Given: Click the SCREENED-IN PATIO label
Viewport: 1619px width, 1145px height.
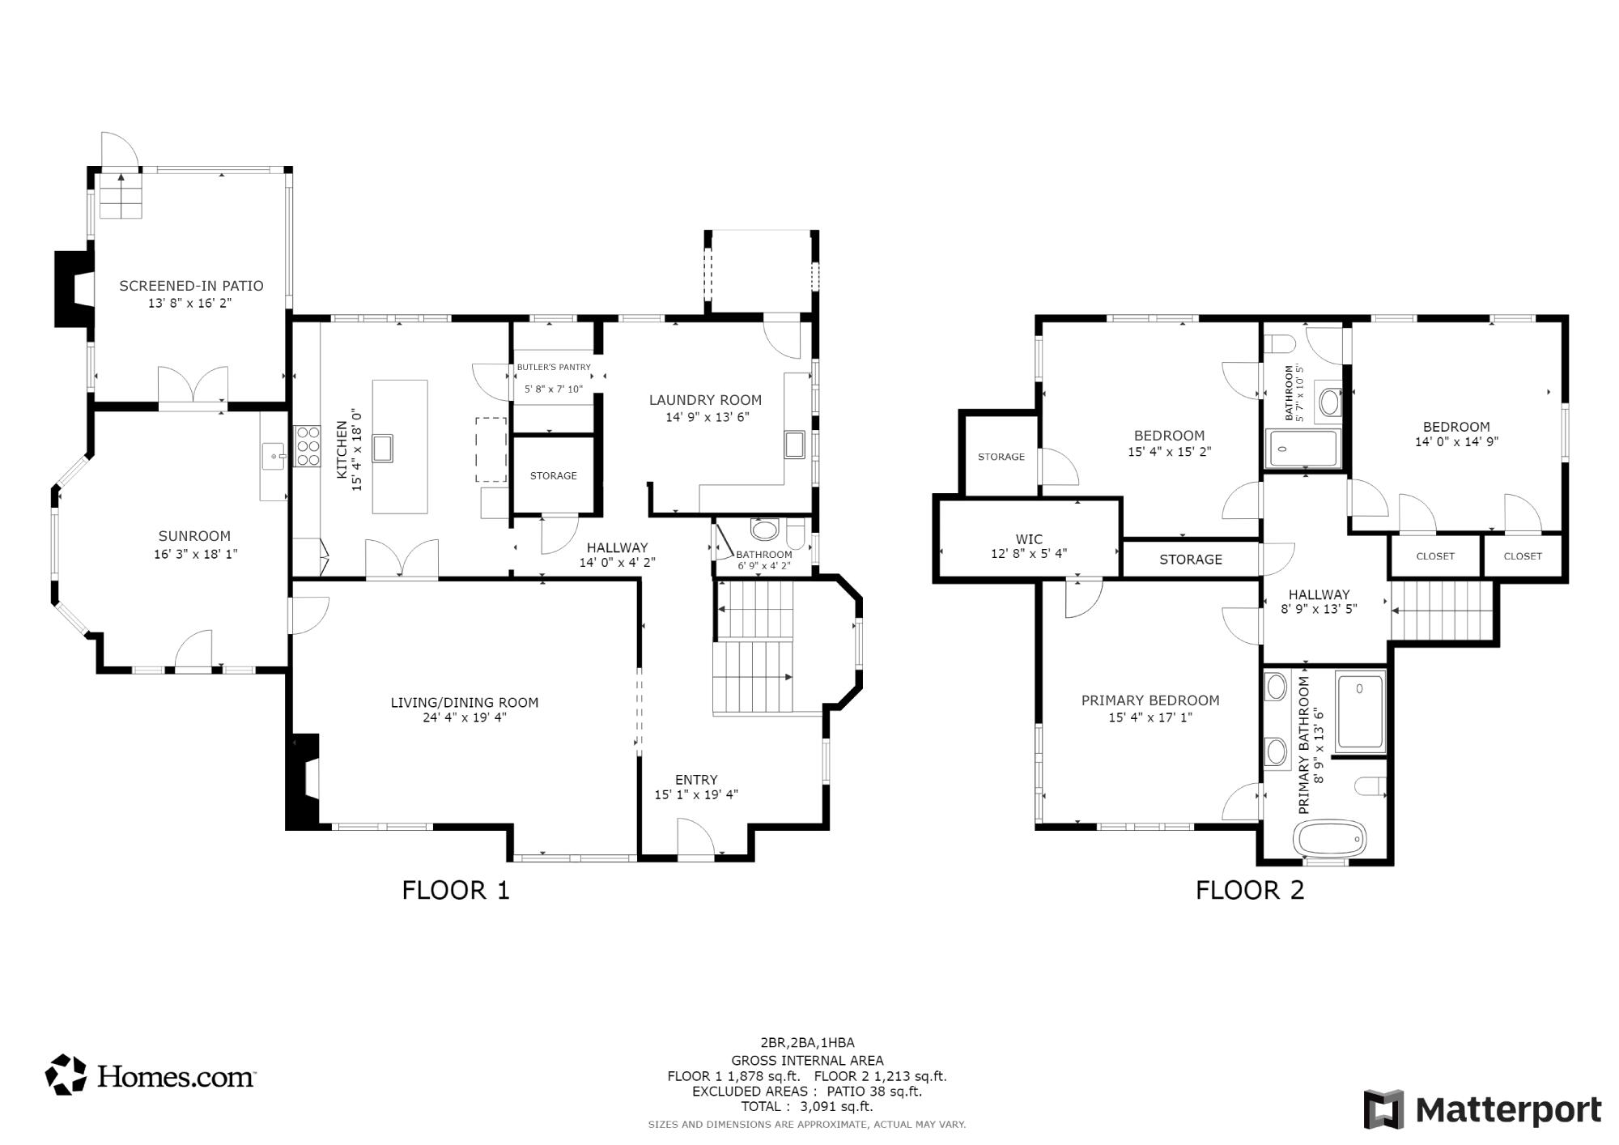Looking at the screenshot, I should click(x=191, y=286).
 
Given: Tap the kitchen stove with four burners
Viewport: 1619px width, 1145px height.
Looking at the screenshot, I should click(x=308, y=445).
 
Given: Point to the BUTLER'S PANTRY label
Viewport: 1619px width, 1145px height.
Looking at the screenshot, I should click(x=554, y=368).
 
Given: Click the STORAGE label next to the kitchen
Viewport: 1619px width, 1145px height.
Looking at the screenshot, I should click(x=554, y=476).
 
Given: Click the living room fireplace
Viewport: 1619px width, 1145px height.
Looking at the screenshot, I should click(x=304, y=781).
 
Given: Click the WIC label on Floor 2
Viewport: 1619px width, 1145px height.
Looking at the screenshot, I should click(x=1029, y=539).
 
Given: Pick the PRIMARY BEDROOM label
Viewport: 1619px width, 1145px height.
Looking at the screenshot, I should click(x=1150, y=700).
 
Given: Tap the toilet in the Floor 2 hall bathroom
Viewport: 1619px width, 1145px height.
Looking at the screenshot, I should click(x=1279, y=345).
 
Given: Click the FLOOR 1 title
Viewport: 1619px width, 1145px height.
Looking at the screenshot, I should click(x=456, y=891).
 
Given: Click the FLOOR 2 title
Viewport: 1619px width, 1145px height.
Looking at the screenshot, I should click(x=1250, y=891).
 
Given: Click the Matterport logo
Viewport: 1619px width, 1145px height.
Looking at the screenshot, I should click(x=1482, y=1109).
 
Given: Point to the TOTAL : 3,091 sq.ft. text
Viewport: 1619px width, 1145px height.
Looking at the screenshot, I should click(x=806, y=1107).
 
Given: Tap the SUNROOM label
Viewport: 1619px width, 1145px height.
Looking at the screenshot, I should click(x=194, y=536).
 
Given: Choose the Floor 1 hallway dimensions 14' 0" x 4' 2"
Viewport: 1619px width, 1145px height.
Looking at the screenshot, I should click(x=617, y=563).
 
